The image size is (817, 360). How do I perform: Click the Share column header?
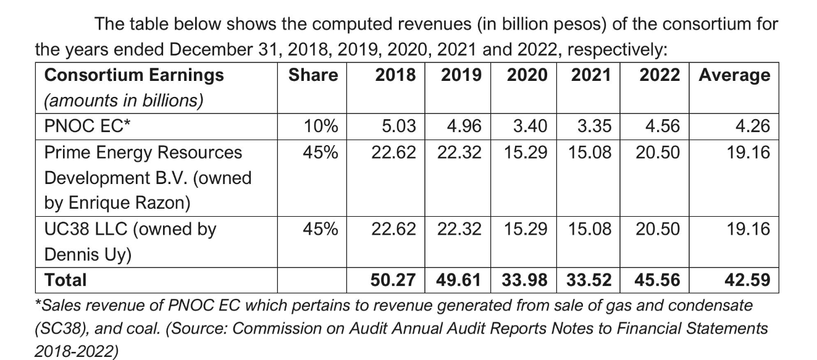(x=313, y=75)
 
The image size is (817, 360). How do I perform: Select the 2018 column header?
(x=395, y=75)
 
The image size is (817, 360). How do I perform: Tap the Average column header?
(x=734, y=75)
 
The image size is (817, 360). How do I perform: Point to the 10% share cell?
(x=321, y=127)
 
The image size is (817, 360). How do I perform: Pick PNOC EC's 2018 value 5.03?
(x=399, y=127)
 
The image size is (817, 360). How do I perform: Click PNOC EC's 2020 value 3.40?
(x=530, y=127)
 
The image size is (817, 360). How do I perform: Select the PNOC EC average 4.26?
(x=753, y=127)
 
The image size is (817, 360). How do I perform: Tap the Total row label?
(x=65, y=280)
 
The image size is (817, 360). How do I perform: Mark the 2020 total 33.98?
(x=526, y=280)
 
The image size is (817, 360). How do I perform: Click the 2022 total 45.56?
(x=658, y=280)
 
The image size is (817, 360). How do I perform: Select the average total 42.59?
(x=748, y=280)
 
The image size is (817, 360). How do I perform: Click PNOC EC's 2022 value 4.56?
(x=662, y=127)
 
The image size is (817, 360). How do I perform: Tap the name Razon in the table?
(x=166, y=203)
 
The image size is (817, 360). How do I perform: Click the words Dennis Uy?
(x=88, y=254)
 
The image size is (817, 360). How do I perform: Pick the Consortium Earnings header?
(x=134, y=75)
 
